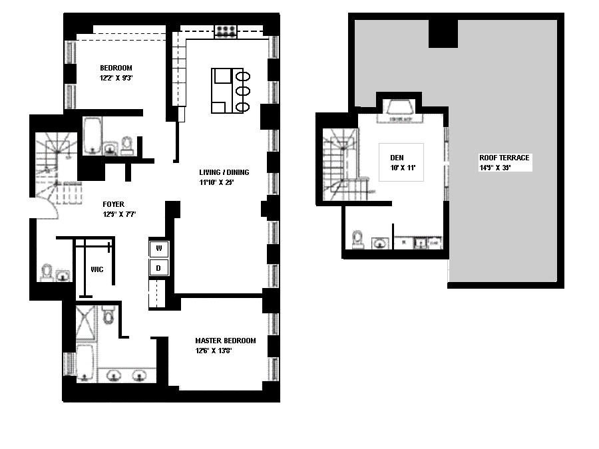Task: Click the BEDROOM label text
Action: (x=116, y=68)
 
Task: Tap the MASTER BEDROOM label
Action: (x=225, y=341)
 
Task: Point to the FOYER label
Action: (x=113, y=204)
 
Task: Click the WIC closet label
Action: (x=97, y=270)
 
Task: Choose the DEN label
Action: (x=397, y=158)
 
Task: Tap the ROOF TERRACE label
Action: (x=504, y=158)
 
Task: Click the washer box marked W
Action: (x=158, y=249)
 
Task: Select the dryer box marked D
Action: (x=158, y=268)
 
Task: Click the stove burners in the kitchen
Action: (x=225, y=31)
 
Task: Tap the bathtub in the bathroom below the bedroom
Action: (x=91, y=134)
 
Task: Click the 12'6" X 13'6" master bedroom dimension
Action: (x=213, y=351)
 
